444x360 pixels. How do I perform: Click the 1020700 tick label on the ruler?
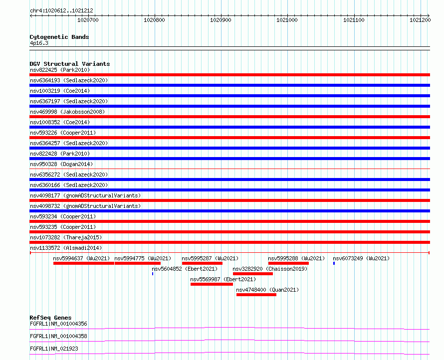88,20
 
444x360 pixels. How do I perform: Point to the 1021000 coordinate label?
287,20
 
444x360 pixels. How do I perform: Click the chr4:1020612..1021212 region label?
54,10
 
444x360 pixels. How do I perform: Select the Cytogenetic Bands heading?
59,37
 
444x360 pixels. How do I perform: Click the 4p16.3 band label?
39,43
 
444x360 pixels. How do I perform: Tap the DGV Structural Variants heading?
69,64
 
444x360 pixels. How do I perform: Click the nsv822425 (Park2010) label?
60,70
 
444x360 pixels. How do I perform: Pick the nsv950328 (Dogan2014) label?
61,164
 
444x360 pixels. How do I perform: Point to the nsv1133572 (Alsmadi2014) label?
65,248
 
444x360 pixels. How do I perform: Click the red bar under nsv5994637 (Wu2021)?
84,263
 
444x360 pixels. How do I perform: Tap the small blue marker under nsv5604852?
153,274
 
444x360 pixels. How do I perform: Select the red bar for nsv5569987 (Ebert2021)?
212,284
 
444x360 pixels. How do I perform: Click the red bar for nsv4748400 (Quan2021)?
256,295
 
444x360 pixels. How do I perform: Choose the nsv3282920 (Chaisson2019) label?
270,269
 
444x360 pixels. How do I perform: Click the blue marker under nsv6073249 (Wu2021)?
334,263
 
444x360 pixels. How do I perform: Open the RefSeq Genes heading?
50,318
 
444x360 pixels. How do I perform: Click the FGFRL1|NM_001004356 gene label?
58,324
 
